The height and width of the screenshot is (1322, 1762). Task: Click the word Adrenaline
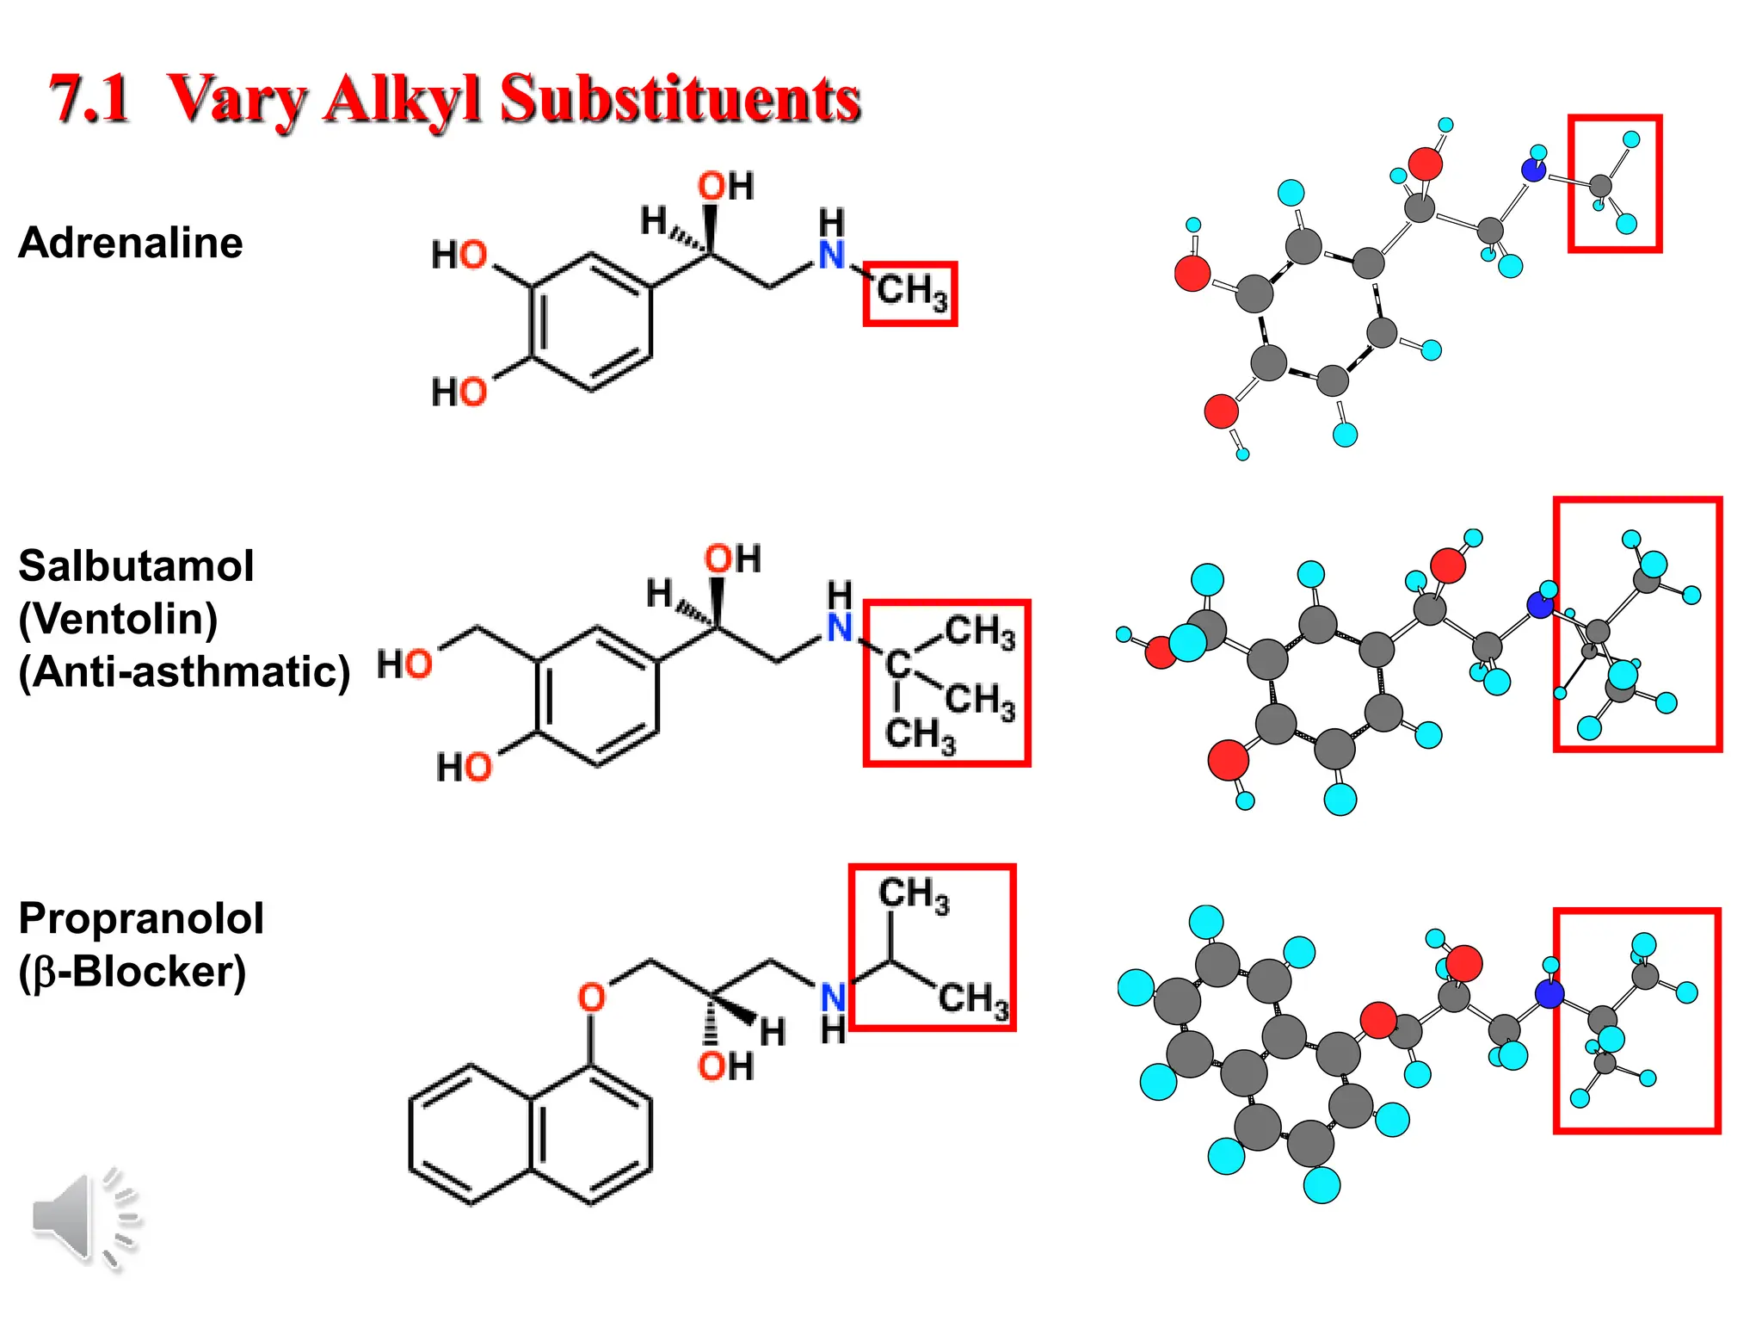click(x=131, y=243)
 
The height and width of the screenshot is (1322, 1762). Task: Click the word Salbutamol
click(x=136, y=566)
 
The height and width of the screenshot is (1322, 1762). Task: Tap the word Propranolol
click(x=141, y=918)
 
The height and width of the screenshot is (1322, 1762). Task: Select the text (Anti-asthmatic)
click(x=184, y=672)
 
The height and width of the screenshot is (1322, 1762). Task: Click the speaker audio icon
click(x=84, y=1220)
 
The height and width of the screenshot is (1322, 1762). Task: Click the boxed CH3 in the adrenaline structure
click(x=911, y=292)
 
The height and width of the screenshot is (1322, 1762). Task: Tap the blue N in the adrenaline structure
click(x=831, y=255)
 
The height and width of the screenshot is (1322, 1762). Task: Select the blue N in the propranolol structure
click(x=833, y=998)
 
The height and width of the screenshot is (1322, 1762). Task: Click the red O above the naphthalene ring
click(x=591, y=998)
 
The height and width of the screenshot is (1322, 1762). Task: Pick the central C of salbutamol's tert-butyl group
click(x=897, y=664)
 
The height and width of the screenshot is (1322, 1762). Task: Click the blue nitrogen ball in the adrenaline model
click(x=1533, y=170)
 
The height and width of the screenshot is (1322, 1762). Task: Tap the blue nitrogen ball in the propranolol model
click(x=1549, y=995)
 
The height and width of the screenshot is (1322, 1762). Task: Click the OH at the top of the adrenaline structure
click(x=725, y=186)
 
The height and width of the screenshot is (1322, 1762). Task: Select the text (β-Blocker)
click(x=132, y=972)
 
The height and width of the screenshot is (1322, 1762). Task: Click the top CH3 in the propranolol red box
click(x=914, y=894)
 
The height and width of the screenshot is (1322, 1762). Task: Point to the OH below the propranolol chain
click(x=725, y=1066)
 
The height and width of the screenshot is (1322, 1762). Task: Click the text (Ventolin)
click(x=118, y=619)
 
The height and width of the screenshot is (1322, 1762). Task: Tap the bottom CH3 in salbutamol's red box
click(x=920, y=735)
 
